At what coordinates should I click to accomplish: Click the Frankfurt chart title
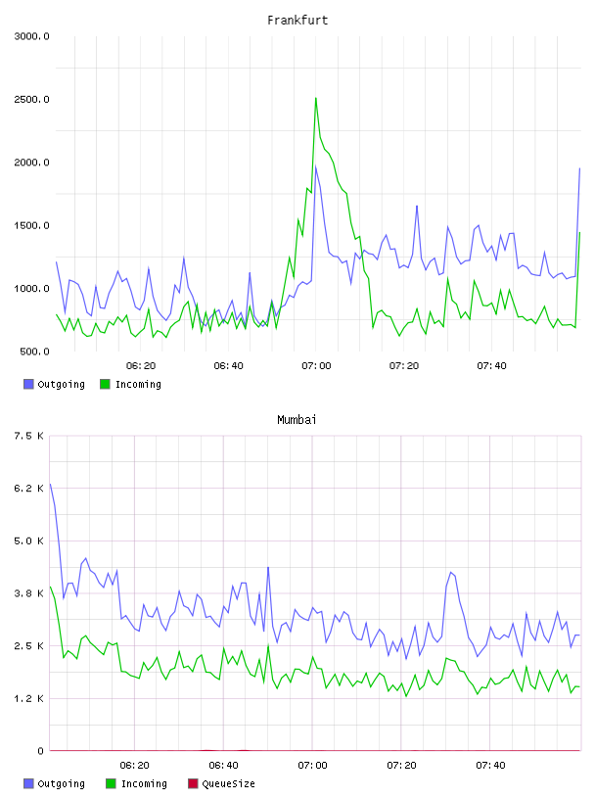pos(297,21)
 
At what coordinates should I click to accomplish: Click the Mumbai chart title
pos(297,420)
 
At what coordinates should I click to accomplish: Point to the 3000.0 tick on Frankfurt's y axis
pos(31,36)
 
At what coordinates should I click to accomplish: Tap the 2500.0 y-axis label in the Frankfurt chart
pos(31,99)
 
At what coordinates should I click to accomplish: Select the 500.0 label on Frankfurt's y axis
pos(34,352)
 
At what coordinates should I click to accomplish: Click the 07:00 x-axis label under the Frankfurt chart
pos(316,366)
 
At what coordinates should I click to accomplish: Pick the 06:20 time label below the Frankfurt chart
pos(141,366)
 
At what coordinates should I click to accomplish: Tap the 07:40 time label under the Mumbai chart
pos(490,766)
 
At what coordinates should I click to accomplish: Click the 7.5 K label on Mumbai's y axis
pos(28,436)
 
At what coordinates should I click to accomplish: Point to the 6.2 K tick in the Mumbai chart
pos(28,489)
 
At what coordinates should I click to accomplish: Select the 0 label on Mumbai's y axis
pos(40,751)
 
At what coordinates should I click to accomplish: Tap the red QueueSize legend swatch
pos(193,783)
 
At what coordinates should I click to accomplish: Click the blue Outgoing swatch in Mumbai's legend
pos(28,783)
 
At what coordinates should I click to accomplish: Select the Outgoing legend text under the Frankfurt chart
pos(61,384)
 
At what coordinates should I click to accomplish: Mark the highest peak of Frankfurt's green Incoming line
pos(316,98)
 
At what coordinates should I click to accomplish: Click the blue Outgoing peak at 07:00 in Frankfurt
pos(316,166)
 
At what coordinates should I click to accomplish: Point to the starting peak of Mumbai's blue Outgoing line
pos(50,484)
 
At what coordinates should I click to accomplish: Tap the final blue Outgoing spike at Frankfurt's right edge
pos(579,168)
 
